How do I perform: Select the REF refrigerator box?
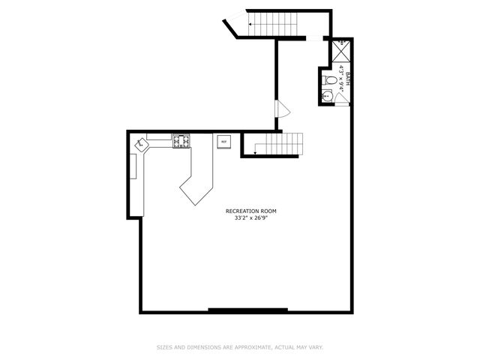[x=223, y=141]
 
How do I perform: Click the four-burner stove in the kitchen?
[x=181, y=139]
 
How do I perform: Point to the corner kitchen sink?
[x=140, y=143]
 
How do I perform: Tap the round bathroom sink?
[x=326, y=95]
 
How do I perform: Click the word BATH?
[x=347, y=69]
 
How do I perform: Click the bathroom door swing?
[x=341, y=100]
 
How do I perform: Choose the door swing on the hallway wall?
[x=283, y=109]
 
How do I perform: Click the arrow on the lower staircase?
[x=256, y=153]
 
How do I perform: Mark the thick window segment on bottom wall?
[x=247, y=310]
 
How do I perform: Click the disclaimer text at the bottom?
[x=240, y=347]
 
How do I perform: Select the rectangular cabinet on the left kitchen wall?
[x=133, y=166]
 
